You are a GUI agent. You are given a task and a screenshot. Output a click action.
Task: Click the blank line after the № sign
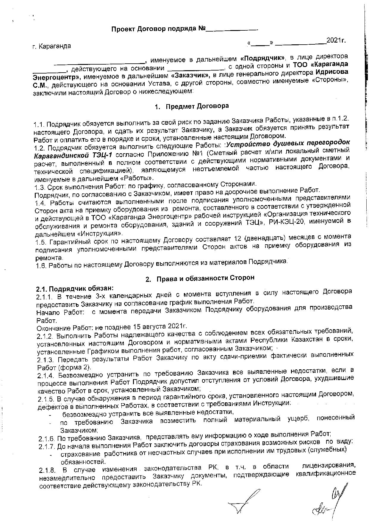tap(232, 30)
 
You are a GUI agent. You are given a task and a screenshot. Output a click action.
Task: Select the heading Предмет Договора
tap(197, 107)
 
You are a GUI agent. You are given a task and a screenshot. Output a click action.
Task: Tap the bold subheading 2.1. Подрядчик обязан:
tap(75, 289)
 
